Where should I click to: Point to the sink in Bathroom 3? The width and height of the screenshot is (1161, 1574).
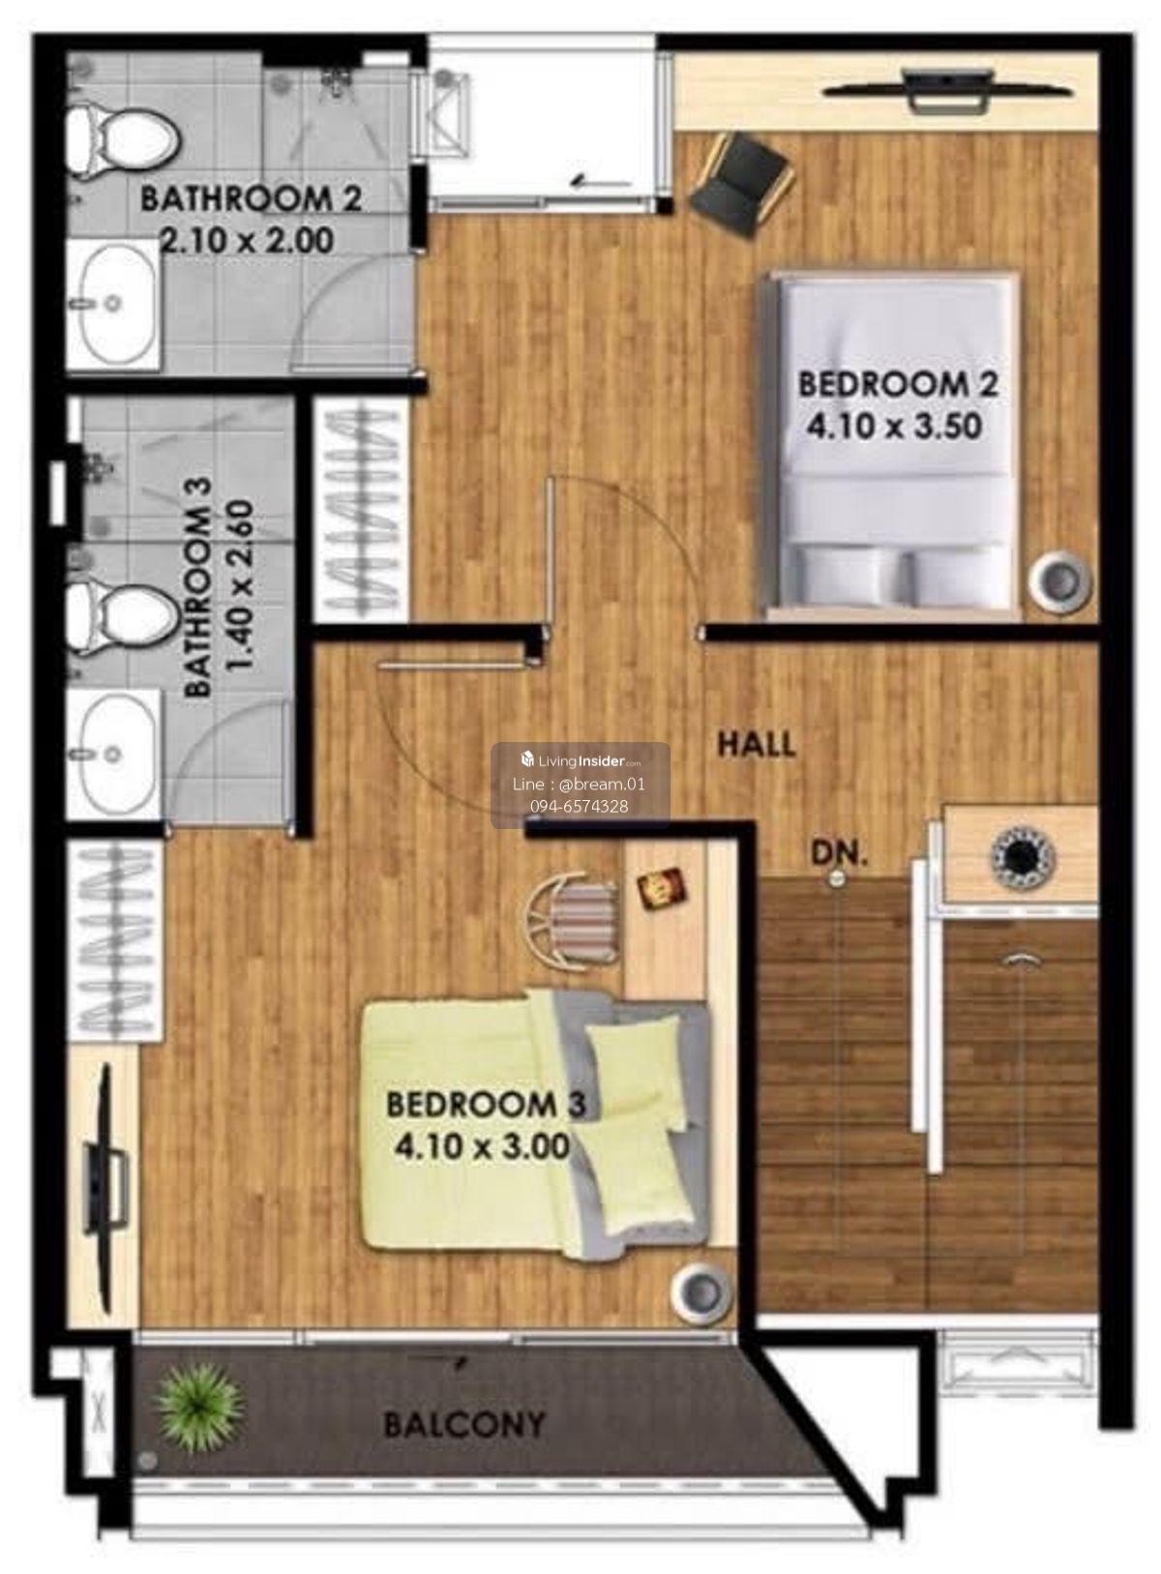(112, 754)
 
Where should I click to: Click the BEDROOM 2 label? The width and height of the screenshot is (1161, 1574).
(898, 384)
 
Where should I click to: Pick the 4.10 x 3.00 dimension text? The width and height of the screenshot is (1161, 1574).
(482, 1146)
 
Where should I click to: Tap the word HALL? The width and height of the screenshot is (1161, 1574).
(757, 744)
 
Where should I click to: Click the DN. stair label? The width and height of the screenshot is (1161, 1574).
(839, 853)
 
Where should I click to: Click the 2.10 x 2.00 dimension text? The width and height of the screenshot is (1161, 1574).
(248, 241)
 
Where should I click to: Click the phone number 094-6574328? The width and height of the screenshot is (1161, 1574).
(580, 807)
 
